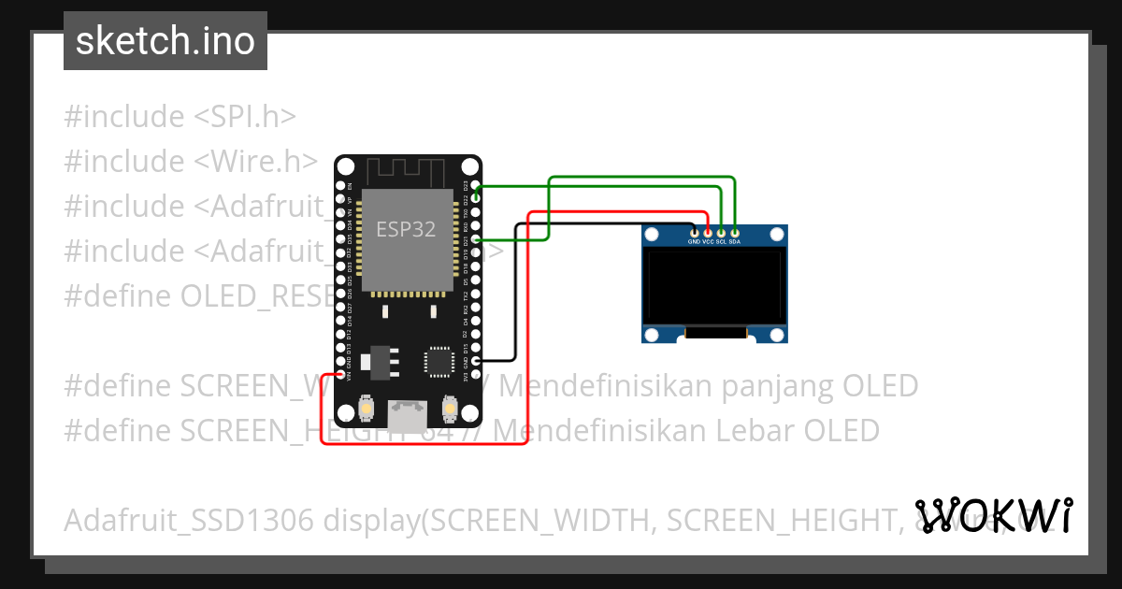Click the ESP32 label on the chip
point(406,229)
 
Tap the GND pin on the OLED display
point(694,231)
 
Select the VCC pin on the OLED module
point(708,231)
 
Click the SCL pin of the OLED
point(721,231)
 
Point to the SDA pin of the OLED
point(735,231)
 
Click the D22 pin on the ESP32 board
point(476,198)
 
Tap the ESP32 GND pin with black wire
point(476,361)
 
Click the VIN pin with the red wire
point(339,374)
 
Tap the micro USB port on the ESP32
point(408,415)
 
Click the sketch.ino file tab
point(165,41)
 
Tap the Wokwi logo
point(994,515)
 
